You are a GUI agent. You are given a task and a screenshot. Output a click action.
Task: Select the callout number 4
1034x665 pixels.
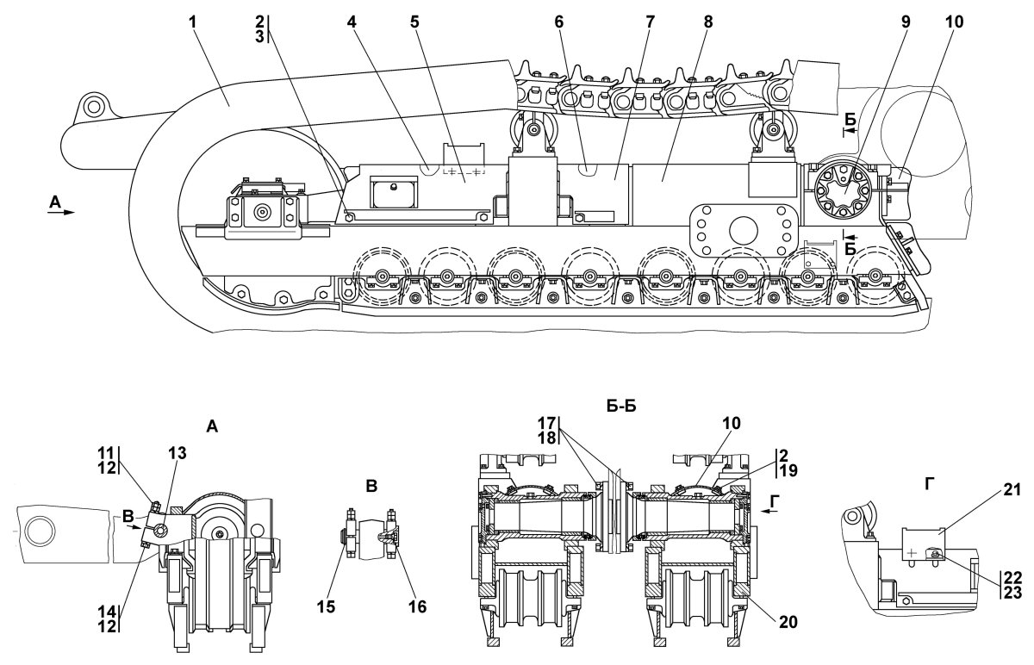pyautogui.click(x=352, y=21)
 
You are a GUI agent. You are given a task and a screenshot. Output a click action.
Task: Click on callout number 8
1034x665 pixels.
pyautogui.click(x=707, y=21)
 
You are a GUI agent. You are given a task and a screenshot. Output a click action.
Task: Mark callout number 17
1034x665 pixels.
pyautogui.click(x=548, y=423)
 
